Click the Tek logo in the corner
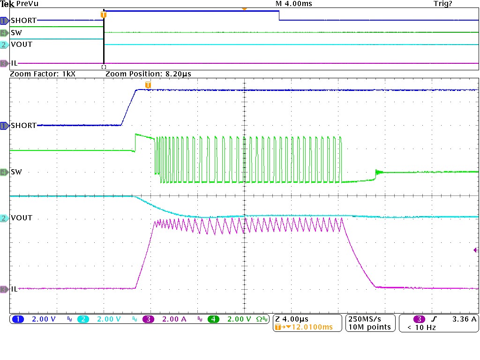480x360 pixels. tap(7, 4)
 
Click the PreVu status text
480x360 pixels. tap(27, 4)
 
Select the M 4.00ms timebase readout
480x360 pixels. tap(293, 4)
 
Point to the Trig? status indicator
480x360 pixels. tap(443, 4)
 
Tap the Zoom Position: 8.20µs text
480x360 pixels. tap(148, 74)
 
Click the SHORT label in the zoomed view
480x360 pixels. tap(23, 126)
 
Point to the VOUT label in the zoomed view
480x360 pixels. tap(22, 218)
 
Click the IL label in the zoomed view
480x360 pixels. tap(14, 289)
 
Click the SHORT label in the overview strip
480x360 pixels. tap(23, 21)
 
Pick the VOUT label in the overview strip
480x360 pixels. tap(22, 45)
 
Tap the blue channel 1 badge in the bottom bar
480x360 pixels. tap(18, 319)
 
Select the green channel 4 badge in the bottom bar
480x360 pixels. tap(214, 319)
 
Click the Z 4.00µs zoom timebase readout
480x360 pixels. tap(293, 319)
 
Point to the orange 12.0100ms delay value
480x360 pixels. tap(310, 327)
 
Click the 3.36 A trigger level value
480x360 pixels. tap(464, 319)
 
